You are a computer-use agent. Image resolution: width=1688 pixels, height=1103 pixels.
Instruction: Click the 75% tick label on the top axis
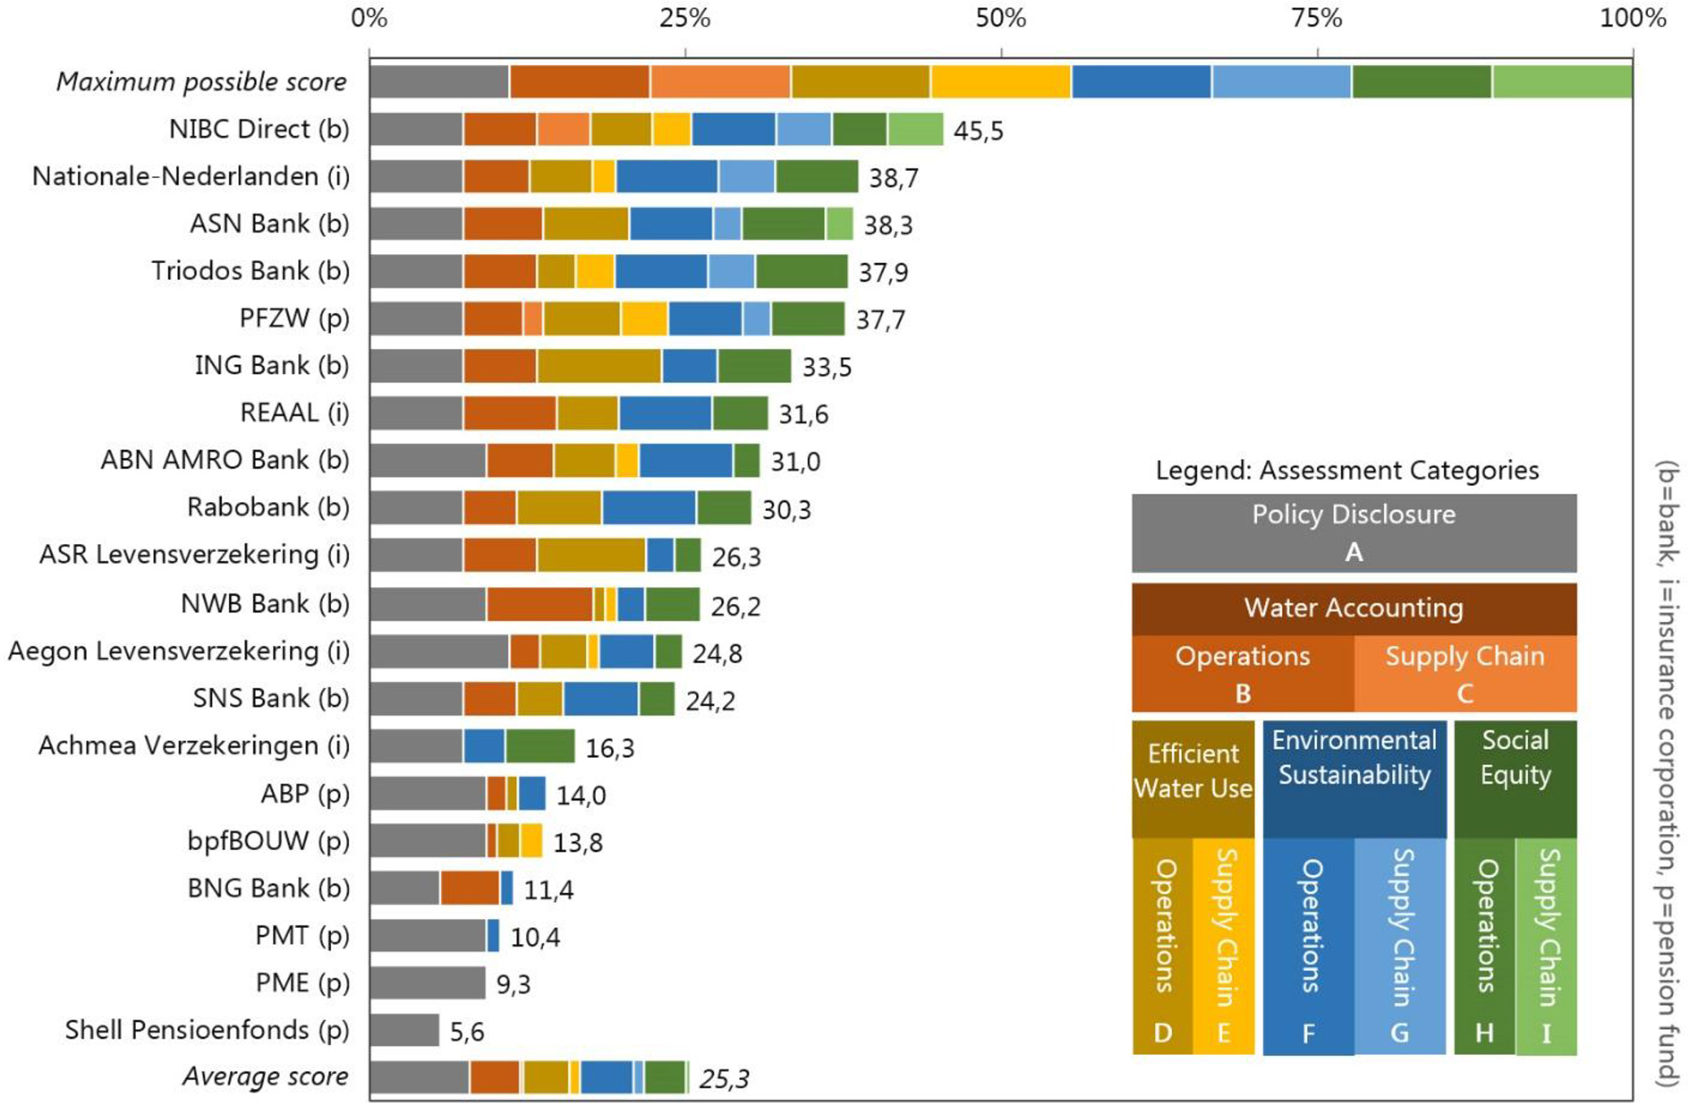1316,18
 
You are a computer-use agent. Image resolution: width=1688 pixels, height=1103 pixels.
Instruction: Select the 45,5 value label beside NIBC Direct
978,131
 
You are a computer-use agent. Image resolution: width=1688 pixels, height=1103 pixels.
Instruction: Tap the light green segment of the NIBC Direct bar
915,129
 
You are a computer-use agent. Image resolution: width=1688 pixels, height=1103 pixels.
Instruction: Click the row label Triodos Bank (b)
250,271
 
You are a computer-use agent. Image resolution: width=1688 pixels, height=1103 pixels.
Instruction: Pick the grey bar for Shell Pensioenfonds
404,1030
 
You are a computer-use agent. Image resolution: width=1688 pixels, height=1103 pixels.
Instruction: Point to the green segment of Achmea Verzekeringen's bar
540,746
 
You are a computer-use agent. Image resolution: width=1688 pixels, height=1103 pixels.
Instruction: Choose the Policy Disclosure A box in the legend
1354,533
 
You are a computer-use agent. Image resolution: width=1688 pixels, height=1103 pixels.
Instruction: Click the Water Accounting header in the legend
1354,608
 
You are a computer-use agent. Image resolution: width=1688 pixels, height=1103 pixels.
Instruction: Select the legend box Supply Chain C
1464,673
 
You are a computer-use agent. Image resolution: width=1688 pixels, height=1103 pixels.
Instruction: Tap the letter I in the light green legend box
1546,1034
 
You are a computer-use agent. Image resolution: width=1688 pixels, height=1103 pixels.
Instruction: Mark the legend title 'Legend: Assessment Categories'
1347,470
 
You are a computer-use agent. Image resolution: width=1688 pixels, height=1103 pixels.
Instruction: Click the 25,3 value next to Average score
724,1079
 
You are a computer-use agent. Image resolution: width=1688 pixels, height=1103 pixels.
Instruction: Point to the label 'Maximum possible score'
202,81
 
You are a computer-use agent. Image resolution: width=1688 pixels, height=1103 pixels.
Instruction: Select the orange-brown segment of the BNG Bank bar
470,888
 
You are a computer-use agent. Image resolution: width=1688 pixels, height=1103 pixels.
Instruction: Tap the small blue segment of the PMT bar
493,935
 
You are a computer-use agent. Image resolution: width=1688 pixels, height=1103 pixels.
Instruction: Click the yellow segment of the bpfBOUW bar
531,841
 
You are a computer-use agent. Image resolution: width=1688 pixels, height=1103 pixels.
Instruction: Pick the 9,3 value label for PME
513,984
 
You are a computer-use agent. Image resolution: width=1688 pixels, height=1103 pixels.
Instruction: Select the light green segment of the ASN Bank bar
840,224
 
